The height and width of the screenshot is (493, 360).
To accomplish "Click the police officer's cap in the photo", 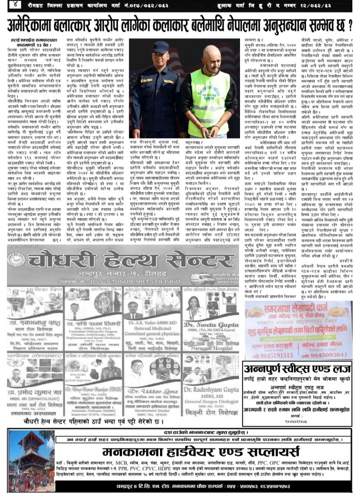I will [x=159, y=47].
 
